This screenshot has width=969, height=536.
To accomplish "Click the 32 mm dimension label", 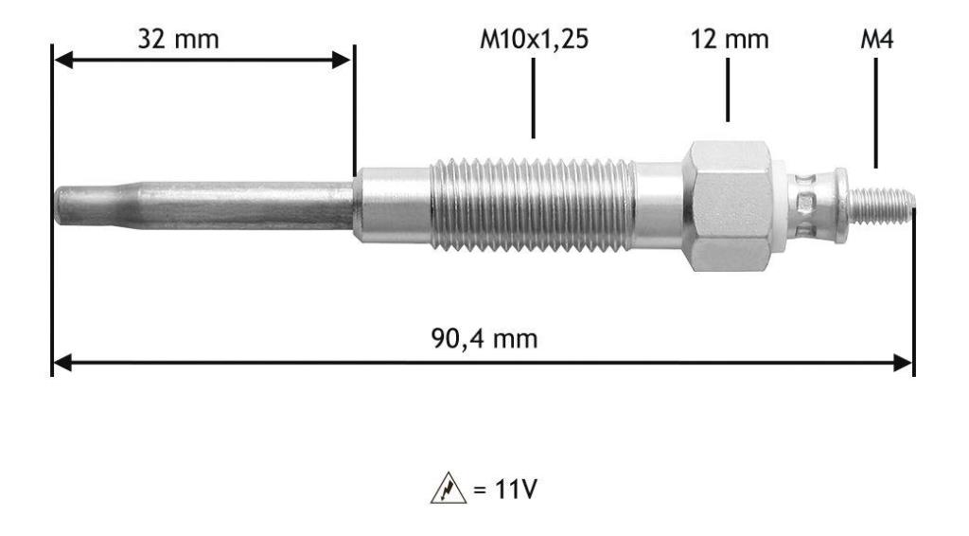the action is click(x=178, y=39).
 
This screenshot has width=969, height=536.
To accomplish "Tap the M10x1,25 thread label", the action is click(x=534, y=40).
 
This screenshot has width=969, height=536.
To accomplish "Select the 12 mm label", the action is click(x=730, y=39).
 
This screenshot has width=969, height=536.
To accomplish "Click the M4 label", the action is click(x=877, y=39).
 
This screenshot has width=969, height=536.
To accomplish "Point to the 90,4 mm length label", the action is click(x=484, y=338).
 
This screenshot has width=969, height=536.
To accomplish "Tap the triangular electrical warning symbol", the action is click(x=448, y=489).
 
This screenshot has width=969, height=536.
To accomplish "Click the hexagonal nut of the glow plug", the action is click(x=728, y=205).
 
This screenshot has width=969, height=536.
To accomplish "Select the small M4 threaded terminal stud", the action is click(x=881, y=205).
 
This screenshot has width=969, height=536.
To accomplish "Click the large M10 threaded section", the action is click(x=533, y=205).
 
